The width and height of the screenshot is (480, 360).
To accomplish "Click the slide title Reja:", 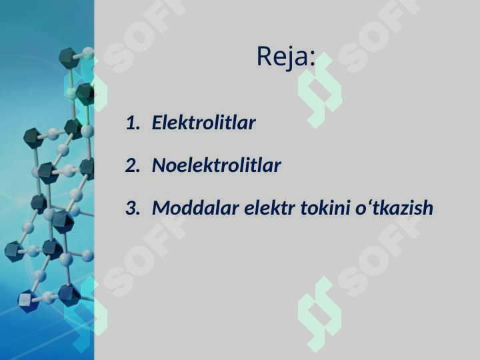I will pos(286,57).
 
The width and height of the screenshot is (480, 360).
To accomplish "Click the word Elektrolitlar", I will pos(204,123).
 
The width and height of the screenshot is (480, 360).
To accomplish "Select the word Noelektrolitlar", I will pos(217,165).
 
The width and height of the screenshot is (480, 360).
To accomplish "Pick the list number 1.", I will pos(132,123).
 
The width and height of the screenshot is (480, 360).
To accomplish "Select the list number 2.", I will pos(132,165).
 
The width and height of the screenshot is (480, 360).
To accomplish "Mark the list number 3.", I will pos(132,208).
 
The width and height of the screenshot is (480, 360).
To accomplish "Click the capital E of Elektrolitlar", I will pos(157,123).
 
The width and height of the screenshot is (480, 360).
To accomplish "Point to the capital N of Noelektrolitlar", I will pos(159,165).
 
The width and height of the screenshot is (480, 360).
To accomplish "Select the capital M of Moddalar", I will pos(161,208).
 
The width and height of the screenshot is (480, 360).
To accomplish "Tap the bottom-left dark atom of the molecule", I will pos(27,301).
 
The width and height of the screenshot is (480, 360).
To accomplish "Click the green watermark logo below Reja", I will pos(319,100).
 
